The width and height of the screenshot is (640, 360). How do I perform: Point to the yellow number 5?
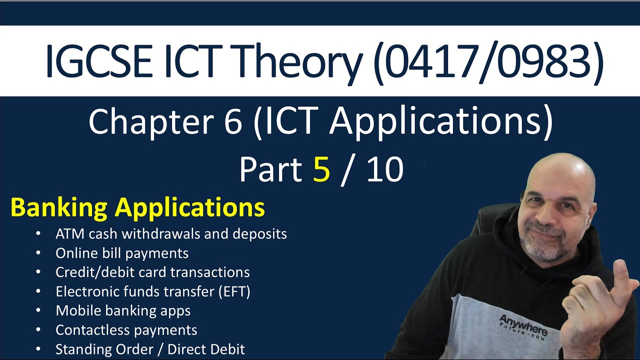pos(321,169)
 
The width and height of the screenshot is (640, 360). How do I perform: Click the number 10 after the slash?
pos(384,169)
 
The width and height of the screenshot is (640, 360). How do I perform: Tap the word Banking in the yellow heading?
pos(58,207)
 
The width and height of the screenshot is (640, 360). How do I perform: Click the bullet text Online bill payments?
pos(122,253)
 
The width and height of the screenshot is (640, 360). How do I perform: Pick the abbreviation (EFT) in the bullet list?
pos(234,291)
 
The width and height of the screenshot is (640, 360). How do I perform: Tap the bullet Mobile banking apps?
pos(123,310)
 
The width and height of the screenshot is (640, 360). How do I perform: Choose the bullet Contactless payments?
pos(126,330)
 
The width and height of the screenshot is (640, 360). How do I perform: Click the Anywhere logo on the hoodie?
pos(522,325)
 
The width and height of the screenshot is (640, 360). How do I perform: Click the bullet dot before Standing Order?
pos(38,349)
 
